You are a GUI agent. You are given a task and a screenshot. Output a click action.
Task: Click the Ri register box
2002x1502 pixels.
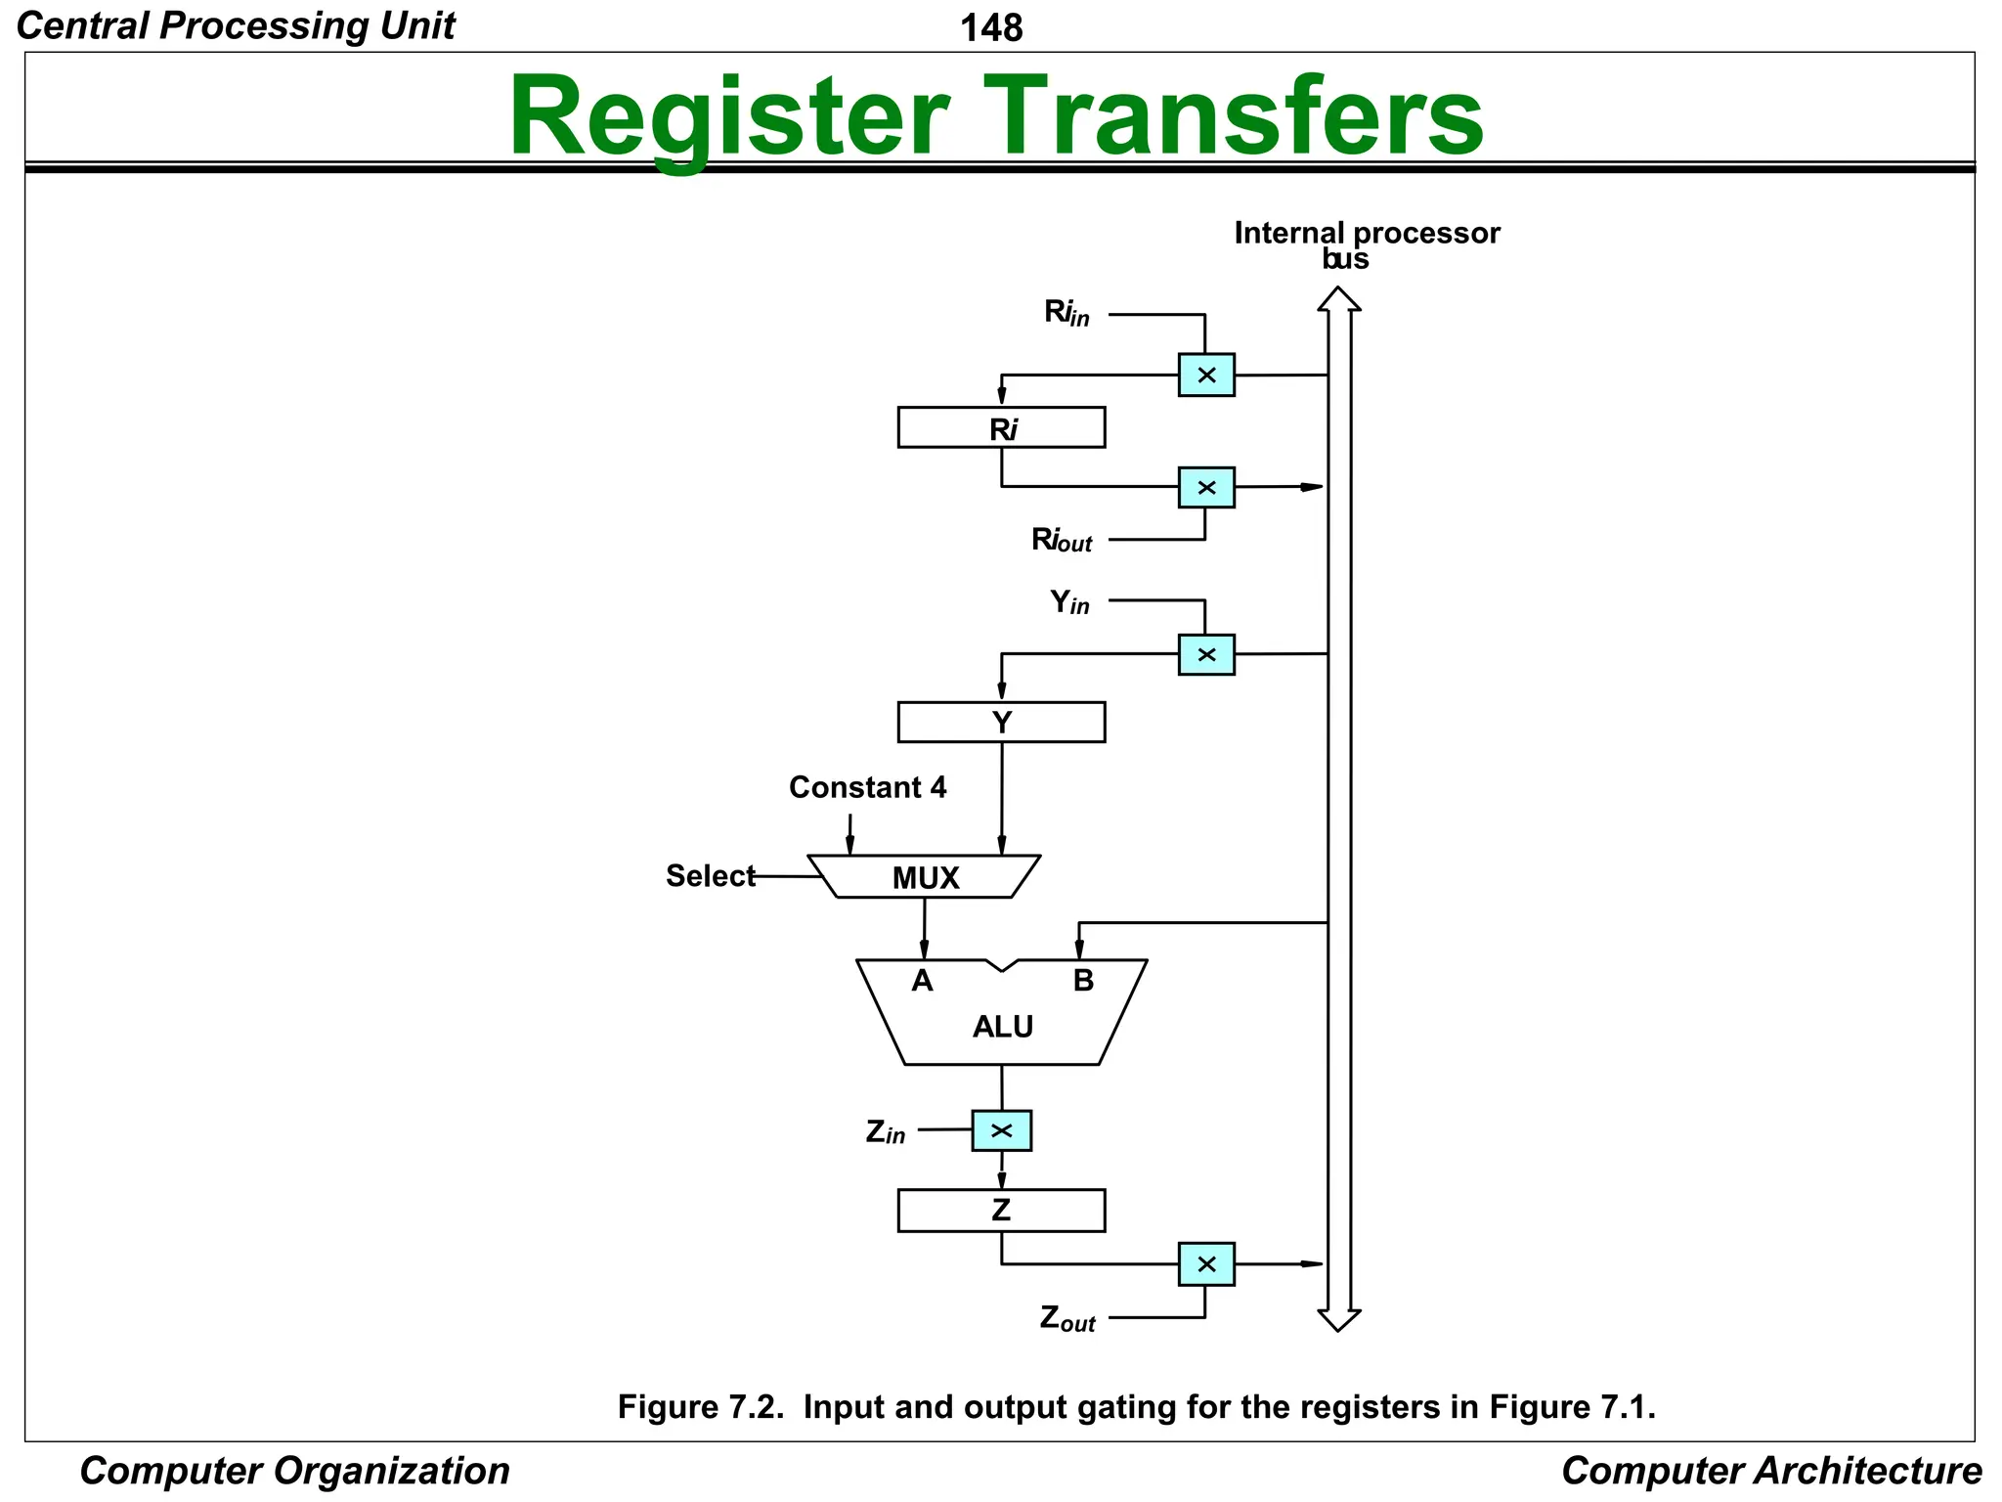(x=1001, y=428)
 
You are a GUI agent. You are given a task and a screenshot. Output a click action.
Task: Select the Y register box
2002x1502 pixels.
(x=1001, y=723)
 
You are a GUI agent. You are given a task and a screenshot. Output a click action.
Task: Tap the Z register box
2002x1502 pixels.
(x=1001, y=1211)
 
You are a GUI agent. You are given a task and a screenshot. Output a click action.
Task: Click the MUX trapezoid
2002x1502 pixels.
(x=925, y=877)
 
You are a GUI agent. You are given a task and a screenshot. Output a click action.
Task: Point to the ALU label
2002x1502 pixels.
(x=1003, y=1027)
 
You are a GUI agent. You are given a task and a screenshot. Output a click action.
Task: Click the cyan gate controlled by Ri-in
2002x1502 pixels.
(x=1206, y=375)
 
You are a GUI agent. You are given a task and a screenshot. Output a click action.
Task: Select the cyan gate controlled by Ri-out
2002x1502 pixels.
(x=1206, y=487)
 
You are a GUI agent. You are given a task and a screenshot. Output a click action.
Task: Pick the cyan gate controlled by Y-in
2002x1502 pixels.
(x=1206, y=654)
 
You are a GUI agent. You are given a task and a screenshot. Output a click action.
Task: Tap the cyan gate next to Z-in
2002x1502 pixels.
(x=1001, y=1131)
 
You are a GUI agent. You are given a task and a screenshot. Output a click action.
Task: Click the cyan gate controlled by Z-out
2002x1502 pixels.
(x=1206, y=1264)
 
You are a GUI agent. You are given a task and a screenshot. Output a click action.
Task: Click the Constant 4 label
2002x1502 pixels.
(x=867, y=787)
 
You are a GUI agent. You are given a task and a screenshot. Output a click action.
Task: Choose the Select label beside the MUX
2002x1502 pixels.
(x=711, y=876)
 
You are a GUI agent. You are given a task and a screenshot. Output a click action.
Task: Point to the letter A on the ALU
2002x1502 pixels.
(x=922, y=981)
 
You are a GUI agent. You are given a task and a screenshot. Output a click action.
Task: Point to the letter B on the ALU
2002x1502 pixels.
(x=1083, y=981)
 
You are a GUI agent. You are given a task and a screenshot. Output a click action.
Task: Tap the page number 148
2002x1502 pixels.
(x=991, y=27)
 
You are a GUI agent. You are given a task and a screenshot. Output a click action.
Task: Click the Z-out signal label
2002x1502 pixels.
(x=1067, y=1319)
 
